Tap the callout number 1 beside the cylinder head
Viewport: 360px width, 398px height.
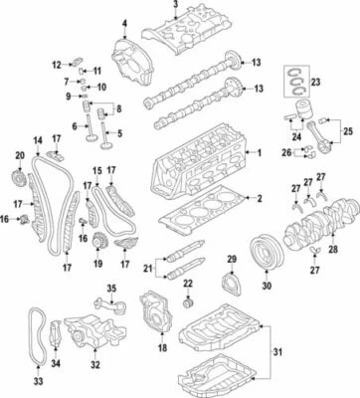point(260,153)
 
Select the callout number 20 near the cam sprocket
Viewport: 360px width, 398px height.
point(19,155)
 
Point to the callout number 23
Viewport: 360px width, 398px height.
point(317,83)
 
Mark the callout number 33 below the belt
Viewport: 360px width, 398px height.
point(38,380)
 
